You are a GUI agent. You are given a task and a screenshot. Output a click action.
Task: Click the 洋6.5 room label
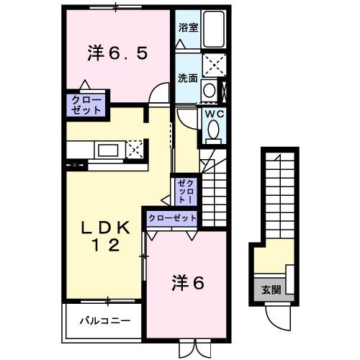tap(119, 53)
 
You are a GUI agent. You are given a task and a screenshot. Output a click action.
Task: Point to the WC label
tap(214, 114)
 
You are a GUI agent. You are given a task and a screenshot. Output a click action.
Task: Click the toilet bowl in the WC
tap(214, 129)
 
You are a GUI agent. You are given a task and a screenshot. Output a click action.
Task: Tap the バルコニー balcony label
tap(104, 321)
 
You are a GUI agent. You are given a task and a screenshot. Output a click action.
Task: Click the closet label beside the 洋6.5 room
tap(87, 104)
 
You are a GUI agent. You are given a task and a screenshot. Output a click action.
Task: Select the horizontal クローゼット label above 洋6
tap(172, 217)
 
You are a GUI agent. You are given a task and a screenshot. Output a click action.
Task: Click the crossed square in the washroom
tap(213, 64)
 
